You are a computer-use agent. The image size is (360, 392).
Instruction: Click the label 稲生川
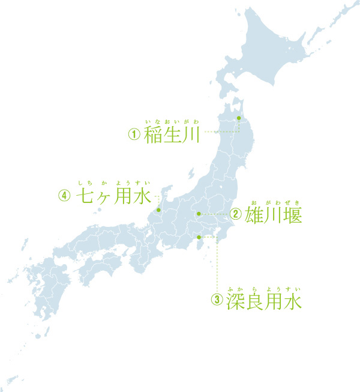pyautogui.click(x=172, y=134)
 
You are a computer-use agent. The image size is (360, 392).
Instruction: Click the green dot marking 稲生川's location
pyautogui.click(x=238, y=118)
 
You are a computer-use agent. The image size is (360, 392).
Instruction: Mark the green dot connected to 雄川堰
pyautogui.click(x=199, y=213)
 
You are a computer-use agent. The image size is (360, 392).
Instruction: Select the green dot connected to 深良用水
pyautogui.click(x=199, y=237)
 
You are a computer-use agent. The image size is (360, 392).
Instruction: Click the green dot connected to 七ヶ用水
pyautogui.click(x=158, y=210)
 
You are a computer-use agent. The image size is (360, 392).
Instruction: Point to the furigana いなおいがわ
pyautogui.click(x=172, y=122)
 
